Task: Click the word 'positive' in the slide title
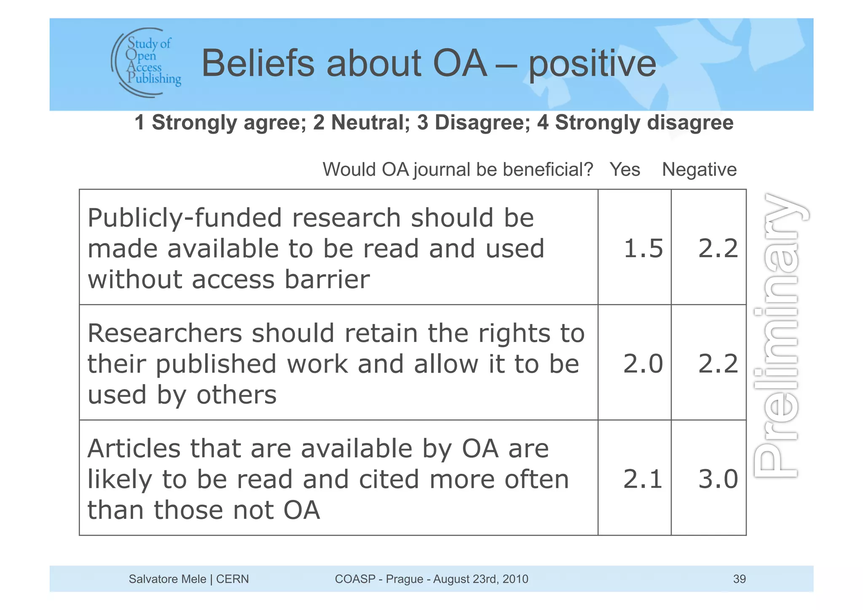(x=592, y=64)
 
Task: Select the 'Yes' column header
(x=624, y=169)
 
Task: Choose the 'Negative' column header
(x=699, y=169)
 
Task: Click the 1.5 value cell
(x=643, y=248)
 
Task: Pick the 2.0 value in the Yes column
(x=643, y=363)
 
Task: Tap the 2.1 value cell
(x=643, y=479)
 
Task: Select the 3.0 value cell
(x=718, y=479)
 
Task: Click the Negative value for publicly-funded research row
(x=718, y=248)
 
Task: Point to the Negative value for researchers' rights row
(x=718, y=363)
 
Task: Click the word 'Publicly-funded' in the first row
(x=185, y=218)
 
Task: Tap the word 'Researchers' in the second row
(x=165, y=333)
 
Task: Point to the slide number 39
(x=739, y=579)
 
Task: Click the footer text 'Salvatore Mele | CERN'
(x=189, y=579)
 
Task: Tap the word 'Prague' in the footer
(x=404, y=579)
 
